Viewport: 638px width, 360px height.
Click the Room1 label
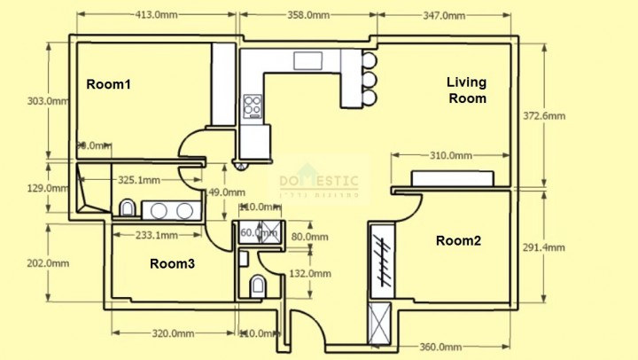tap(108, 84)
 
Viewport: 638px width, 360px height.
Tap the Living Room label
tap(466, 90)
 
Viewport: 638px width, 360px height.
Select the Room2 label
tap(457, 240)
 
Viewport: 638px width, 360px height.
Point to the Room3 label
tap(172, 263)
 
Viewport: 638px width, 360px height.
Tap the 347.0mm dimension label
tap(444, 15)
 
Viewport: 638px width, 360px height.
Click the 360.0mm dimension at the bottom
tap(440, 347)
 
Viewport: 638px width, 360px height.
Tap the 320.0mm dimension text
tap(174, 333)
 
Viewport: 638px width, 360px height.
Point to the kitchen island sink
tap(309, 60)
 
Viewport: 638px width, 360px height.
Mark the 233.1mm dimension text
tap(156, 236)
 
